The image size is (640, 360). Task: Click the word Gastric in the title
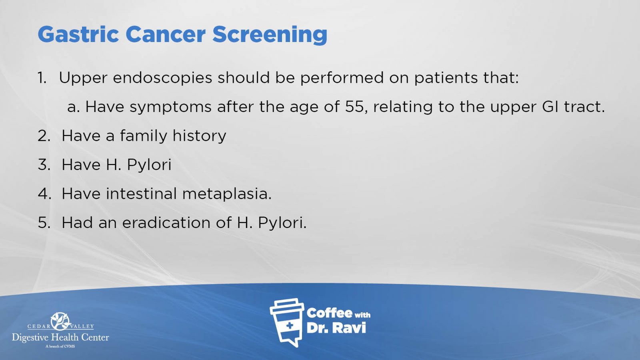tap(78, 34)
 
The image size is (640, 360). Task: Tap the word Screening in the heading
tap(270, 34)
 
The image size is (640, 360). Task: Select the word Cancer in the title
tap(166, 34)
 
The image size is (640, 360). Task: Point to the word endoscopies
tap(162, 78)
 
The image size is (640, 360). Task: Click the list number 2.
tap(44, 136)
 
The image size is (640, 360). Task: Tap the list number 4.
tap(44, 194)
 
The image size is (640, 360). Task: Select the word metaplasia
tap(226, 194)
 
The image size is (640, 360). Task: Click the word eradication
tap(166, 222)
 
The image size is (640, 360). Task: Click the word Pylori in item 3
tap(149, 165)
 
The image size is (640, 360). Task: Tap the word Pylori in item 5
tap(282, 222)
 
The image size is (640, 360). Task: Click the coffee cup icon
tap(287, 322)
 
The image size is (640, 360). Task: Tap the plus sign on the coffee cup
tap(289, 326)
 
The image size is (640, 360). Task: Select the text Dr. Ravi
tap(336, 328)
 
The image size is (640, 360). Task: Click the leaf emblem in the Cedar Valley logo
tap(60, 321)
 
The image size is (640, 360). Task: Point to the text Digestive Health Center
tap(60, 338)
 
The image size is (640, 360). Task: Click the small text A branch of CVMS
tap(60, 346)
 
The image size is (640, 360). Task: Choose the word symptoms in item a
tap(170, 107)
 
